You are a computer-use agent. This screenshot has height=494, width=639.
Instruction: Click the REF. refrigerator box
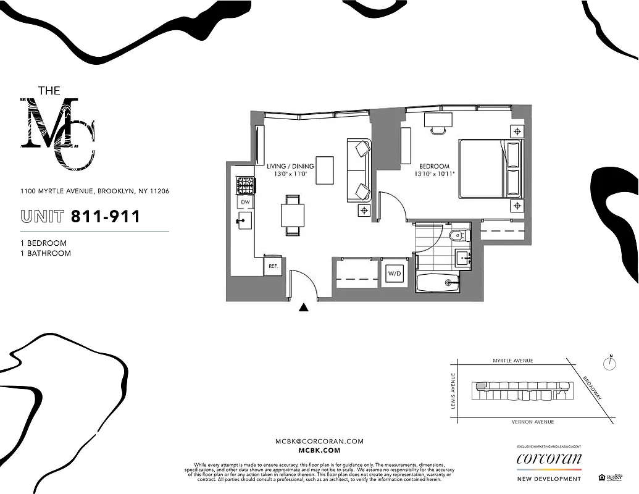[x=272, y=267]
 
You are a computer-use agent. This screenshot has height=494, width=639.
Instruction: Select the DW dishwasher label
[x=244, y=202]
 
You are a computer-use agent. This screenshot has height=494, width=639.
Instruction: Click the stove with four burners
[x=245, y=185]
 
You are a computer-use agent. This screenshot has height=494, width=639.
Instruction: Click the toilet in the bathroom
[x=457, y=235]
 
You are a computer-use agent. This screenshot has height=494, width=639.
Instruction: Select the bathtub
[x=438, y=283]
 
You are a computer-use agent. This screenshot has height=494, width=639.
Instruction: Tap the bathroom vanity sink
[x=462, y=256]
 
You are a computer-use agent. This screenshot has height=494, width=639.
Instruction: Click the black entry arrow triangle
[x=303, y=307]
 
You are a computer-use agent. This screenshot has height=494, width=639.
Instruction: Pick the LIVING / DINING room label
[x=290, y=167]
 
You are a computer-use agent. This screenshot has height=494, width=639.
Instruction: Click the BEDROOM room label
[x=434, y=167]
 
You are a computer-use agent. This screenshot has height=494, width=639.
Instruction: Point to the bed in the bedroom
[x=490, y=168]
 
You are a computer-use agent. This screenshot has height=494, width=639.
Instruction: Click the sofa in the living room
[x=359, y=170]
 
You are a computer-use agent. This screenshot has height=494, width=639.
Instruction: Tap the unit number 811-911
[x=106, y=217]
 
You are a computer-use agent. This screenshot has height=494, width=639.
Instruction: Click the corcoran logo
[x=549, y=459]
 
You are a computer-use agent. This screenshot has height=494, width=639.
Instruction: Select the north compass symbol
[x=610, y=363]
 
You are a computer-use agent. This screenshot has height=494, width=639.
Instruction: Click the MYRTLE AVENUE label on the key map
[x=512, y=361]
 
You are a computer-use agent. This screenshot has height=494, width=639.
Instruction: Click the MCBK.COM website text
[x=319, y=451]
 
